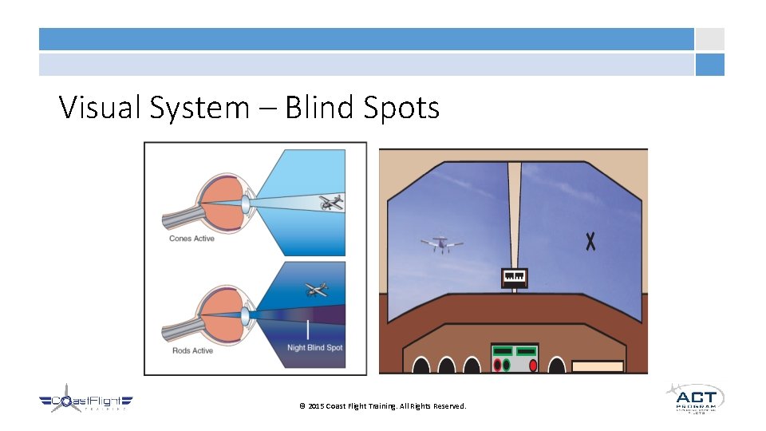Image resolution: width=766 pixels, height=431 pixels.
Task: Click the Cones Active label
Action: (x=191, y=239)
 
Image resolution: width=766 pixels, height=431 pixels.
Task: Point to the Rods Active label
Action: (x=191, y=350)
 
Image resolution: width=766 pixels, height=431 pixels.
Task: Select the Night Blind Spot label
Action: (x=315, y=348)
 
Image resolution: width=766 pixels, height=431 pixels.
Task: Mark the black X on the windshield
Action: (x=590, y=241)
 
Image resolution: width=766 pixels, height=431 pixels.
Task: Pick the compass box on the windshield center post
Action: (x=514, y=278)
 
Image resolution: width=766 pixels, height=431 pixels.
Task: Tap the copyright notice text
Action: (x=382, y=406)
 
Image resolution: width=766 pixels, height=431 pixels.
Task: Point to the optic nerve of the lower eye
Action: (x=180, y=326)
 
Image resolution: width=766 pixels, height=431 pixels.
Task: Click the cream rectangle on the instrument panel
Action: (x=598, y=366)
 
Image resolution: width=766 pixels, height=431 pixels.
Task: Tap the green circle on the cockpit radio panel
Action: (x=506, y=365)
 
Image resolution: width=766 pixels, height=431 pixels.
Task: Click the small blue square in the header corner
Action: (x=709, y=65)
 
